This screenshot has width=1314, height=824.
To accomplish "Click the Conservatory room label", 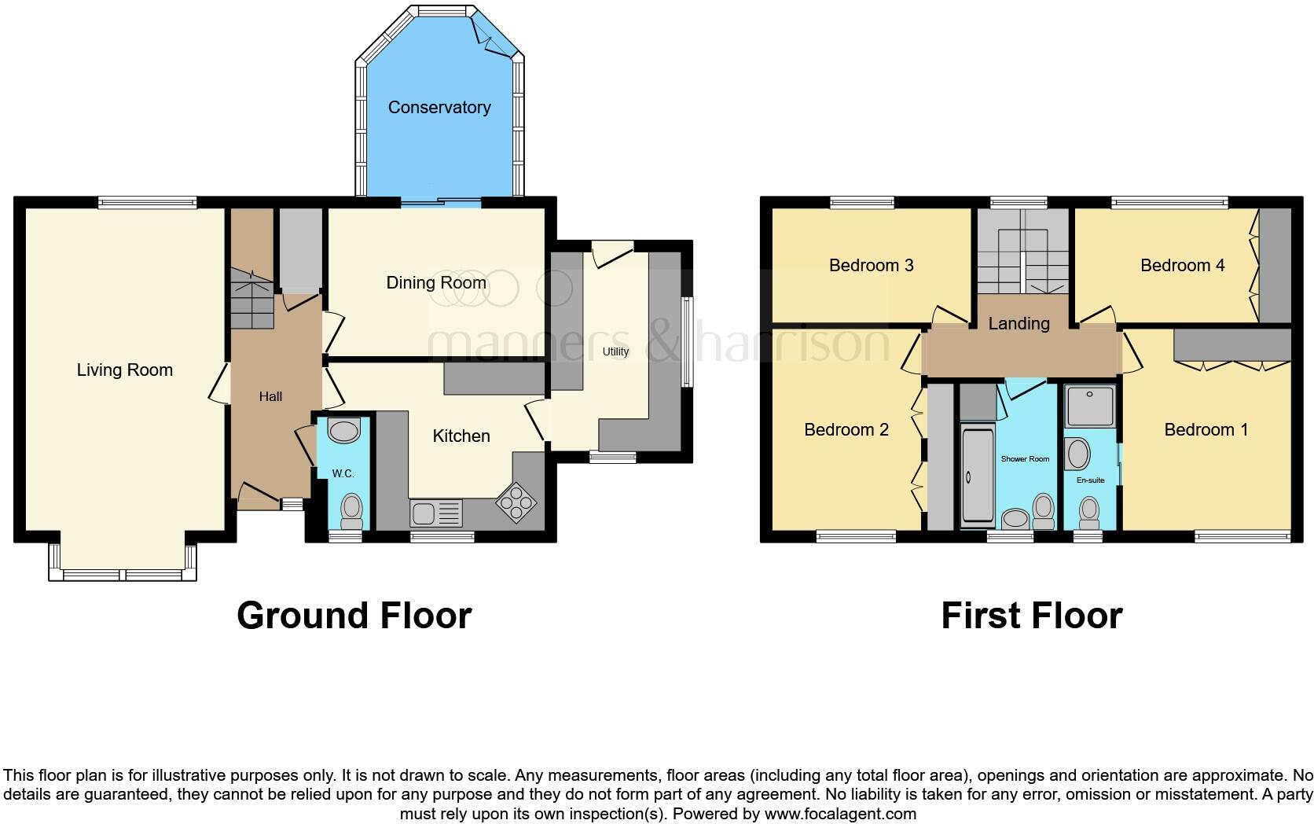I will tap(439, 108).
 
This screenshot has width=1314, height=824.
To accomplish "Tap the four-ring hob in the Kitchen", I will tap(516, 502).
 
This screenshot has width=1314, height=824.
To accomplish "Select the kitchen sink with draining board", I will tap(436, 514).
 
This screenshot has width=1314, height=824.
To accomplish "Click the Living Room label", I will tap(125, 370).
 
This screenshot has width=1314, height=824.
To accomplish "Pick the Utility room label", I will tap(615, 351).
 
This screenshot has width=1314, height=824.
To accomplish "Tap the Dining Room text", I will tap(436, 283).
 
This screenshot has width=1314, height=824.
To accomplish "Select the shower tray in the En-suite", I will tap(1090, 406).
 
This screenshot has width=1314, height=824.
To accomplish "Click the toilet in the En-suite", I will tap(1089, 513).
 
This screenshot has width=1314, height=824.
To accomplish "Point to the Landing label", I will tap(1019, 324).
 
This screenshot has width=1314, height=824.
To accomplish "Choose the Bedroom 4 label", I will tap(1182, 266).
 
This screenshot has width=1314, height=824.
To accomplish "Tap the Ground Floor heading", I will tap(354, 616).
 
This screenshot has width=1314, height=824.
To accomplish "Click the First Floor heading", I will tap(1031, 616).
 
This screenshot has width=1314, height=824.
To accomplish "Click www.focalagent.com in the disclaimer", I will tap(840, 814).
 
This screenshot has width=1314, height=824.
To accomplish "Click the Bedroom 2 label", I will tap(846, 430).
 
